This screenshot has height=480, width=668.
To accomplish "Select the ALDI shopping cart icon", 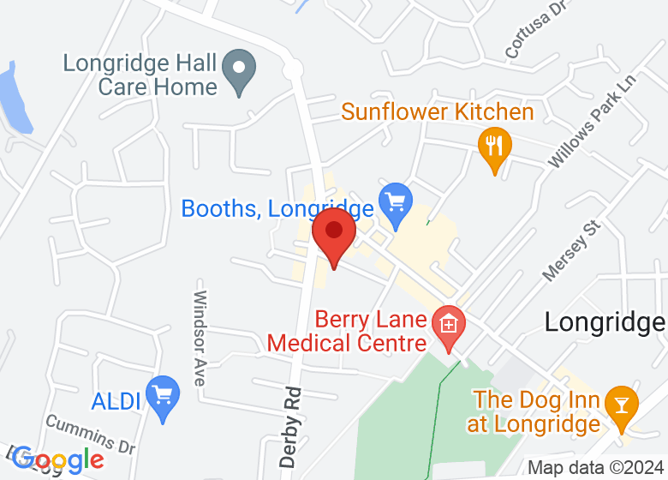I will click(x=163, y=396).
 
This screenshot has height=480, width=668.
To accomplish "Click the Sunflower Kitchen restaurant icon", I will click(x=493, y=147).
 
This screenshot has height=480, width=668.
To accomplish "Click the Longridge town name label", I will click(x=605, y=321).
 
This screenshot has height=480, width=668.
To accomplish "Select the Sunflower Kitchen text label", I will click(x=437, y=112).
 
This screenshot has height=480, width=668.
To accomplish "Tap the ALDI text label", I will click(x=116, y=401).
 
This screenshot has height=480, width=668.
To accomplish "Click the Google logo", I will click(x=59, y=460).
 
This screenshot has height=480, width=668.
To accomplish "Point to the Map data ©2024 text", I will click(x=595, y=468).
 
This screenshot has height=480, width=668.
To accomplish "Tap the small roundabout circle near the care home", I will click(x=294, y=69).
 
